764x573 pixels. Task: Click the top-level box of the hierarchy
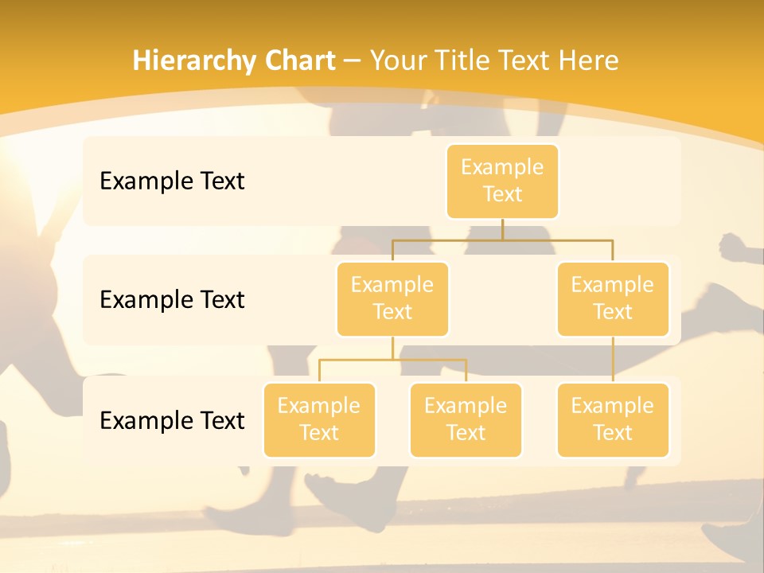(x=502, y=181)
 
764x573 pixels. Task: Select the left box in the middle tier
(x=392, y=298)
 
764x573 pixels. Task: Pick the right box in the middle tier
(x=613, y=298)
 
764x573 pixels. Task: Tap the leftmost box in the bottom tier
(x=319, y=419)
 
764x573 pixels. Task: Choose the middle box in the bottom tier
(x=466, y=419)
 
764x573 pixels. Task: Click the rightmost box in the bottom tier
(x=613, y=419)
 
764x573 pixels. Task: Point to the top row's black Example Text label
(x=172, y=181)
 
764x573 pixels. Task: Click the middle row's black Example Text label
(x=172, y=300)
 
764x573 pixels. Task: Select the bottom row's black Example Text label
(x=172, y=420)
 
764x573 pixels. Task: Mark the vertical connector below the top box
(x=502, y=229)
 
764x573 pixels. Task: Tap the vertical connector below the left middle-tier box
(x=392, y=348)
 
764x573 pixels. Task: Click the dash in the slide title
(x=353, y=60)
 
